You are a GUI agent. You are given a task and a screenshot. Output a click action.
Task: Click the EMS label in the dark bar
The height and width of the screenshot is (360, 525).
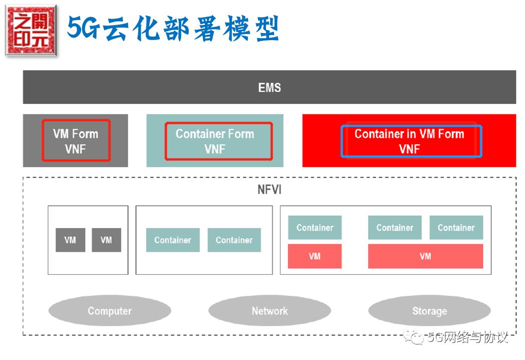tap(270, 88)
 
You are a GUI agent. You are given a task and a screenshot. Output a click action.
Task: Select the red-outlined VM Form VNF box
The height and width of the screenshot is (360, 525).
tap(76, 140)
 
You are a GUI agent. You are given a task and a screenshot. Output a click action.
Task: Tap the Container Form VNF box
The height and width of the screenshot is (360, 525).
tap(218, 141)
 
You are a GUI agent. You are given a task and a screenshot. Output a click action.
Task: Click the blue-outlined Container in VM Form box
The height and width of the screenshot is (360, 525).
tap(411, 141)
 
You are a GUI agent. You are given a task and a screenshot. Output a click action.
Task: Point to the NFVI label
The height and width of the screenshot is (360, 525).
tap(270, 191)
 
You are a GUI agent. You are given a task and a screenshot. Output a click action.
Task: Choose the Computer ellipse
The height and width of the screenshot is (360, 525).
tap(109, 311)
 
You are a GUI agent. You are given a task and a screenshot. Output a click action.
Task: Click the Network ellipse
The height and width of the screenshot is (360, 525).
tap(270, 311)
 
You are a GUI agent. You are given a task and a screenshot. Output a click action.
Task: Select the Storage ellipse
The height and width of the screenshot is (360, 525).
tap(429, 311)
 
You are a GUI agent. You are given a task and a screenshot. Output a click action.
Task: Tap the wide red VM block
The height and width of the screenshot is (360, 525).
tap(425, 256)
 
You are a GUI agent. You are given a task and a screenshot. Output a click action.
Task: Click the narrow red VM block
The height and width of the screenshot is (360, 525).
tap(315, 256)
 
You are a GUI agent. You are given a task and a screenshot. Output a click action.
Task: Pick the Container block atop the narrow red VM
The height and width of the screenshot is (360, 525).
tap(315, 228)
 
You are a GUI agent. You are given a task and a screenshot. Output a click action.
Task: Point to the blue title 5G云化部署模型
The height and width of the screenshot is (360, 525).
tap(173, 29)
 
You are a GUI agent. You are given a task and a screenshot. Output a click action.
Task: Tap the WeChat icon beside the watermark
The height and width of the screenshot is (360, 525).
tap(415, 337)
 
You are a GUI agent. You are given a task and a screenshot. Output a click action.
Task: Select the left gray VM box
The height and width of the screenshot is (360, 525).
tap(70, 240)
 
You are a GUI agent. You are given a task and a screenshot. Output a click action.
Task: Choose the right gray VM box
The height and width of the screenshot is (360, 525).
tap(106, 240)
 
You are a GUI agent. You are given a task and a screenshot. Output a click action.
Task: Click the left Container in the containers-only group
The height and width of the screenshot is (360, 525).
tap(173, 240)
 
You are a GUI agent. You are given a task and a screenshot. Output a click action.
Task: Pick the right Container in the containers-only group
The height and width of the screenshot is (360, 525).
tap(234, 240)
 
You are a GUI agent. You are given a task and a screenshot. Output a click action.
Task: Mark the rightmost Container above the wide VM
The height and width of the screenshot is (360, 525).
tap(456, 228)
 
